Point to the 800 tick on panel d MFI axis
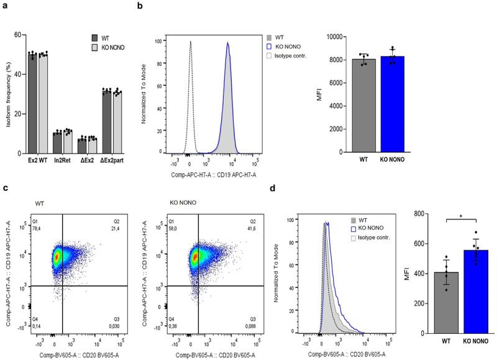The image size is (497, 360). coord(420,214)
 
